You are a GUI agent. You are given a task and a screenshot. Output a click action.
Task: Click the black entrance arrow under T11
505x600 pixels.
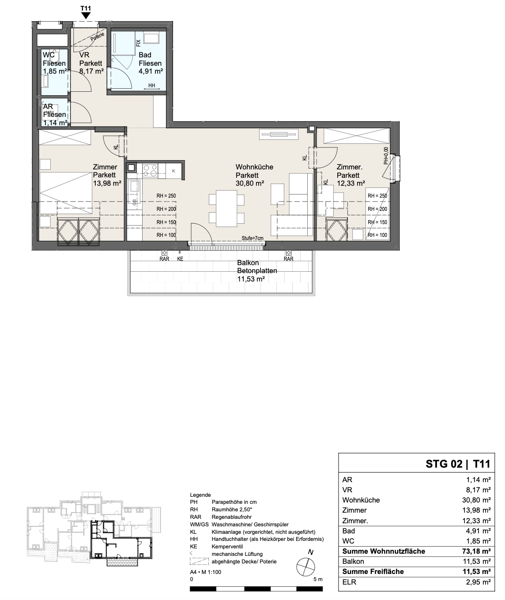(86, 16)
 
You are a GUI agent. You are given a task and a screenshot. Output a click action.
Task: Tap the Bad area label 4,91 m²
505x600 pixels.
(151, 71)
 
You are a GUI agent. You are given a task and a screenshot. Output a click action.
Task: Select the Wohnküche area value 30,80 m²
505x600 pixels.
(250, 184)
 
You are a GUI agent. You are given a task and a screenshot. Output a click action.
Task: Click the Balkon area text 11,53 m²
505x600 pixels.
(251, 279)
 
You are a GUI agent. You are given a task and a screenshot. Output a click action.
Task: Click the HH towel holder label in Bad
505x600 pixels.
(152, 85)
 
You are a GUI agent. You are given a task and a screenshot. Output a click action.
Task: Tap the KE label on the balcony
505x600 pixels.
(180, 259)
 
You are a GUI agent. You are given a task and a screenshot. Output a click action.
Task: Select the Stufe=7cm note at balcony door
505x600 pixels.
(253, 238)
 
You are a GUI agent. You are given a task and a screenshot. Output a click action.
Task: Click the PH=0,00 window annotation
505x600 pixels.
(386, 156)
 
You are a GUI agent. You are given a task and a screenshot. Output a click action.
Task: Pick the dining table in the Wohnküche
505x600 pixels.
(226, 208)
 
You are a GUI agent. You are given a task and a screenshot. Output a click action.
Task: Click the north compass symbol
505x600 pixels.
(306, 567)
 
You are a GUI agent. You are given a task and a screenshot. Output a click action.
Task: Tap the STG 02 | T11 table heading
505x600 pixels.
(458, 464)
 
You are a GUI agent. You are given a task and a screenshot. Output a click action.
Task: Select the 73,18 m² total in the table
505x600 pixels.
(475, 551)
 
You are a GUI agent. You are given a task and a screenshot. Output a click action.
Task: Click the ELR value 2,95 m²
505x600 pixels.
(478, 582)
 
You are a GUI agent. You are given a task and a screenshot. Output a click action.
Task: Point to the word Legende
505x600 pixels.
(200, 495)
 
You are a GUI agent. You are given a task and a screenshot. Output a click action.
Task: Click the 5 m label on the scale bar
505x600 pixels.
(318, 579)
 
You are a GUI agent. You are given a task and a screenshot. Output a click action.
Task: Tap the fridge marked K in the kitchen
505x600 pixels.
(173, 171)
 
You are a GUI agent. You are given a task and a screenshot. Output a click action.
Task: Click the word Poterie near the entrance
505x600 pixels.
(97, 37)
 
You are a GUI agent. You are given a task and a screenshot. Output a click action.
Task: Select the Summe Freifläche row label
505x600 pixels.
(373, 572)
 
